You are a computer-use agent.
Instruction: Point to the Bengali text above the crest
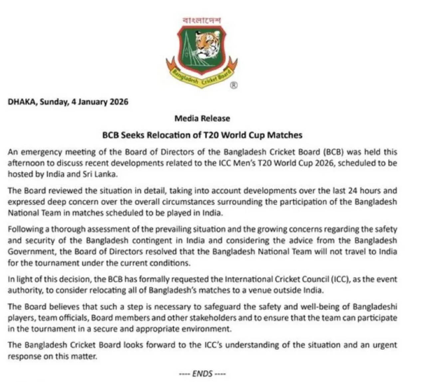(202, 20)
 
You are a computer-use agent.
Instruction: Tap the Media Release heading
(202, 118)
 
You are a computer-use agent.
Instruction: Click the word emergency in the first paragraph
(41, 152)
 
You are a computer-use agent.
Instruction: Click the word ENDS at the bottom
(202, 373)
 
